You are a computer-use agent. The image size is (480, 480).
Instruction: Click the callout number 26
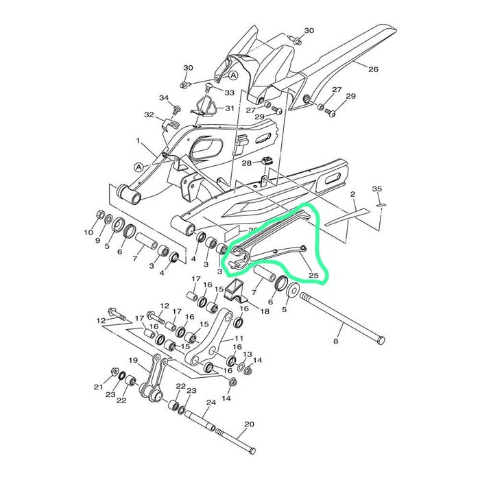(x=373, y=69)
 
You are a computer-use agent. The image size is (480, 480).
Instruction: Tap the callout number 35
(x=377, y=189)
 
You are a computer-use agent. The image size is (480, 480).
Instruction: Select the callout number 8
(x=336, y=341)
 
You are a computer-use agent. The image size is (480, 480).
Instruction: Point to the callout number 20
(x=249, y=424)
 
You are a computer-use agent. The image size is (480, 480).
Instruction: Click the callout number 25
(x=314, y=275)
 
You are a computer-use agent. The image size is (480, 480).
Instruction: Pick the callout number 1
(x=138, y=141)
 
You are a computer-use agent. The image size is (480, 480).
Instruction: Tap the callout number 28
(x=246, y=163)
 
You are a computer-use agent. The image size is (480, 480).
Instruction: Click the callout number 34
(x=164, y=98)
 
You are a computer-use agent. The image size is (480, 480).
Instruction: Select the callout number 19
(x=133, y=361)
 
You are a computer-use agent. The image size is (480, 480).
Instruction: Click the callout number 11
(x=239, y=338)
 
